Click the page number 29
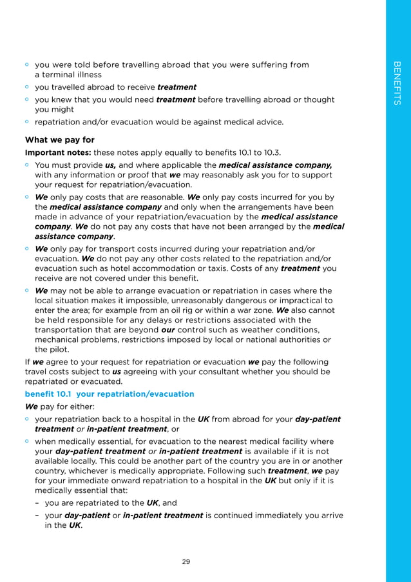tap(186, 561)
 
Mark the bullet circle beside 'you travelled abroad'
tap(28, 86)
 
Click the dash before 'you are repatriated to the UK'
tap(38, 503)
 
